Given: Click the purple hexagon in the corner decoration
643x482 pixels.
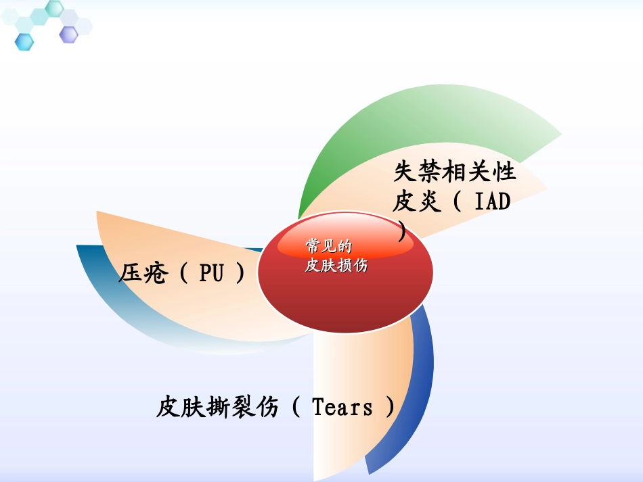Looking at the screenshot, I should coord(68,34).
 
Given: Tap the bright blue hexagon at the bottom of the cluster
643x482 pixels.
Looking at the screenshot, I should coord(24,42).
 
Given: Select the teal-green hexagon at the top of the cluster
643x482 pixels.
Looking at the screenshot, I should coord(54,8).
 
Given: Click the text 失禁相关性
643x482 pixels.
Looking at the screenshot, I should coord(454,172).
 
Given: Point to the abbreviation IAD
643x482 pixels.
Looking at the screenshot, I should coord(492,201).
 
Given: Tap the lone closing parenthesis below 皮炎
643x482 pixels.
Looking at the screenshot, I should coord(403,232).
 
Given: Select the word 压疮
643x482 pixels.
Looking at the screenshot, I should coord(143,273).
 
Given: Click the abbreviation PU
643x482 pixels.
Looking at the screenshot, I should coord(211,273).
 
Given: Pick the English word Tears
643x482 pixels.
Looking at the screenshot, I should coord(342,408).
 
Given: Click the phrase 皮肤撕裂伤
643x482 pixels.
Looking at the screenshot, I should coord(217,408).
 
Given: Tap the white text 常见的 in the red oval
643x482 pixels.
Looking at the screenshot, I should coord(329,246).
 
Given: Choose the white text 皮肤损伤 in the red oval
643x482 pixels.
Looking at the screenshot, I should coord(336,265).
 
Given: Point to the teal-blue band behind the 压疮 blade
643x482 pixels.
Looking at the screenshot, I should coord(108,297).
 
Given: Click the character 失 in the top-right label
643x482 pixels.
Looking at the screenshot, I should coord(405,172).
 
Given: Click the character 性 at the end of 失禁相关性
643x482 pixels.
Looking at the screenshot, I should coord(504,172).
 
